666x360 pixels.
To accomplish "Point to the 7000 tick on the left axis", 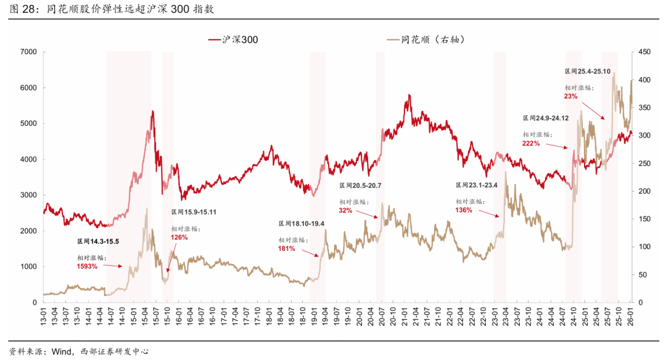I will (28, 52).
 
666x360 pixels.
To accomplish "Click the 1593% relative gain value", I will (88, 266).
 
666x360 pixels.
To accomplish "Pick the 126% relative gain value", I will (179, 237).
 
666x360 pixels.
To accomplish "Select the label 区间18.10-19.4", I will (302, 224).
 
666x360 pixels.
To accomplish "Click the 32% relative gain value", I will (345, 211).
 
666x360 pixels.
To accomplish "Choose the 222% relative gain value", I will (531, 143).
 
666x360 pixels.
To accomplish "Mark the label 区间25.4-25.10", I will (588, 72).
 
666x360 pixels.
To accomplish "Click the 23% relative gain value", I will (570, 96).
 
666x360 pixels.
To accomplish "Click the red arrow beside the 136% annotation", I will (490, 213).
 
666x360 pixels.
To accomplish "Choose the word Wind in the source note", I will (63, 351).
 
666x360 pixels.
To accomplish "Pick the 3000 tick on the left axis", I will (28, 195).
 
